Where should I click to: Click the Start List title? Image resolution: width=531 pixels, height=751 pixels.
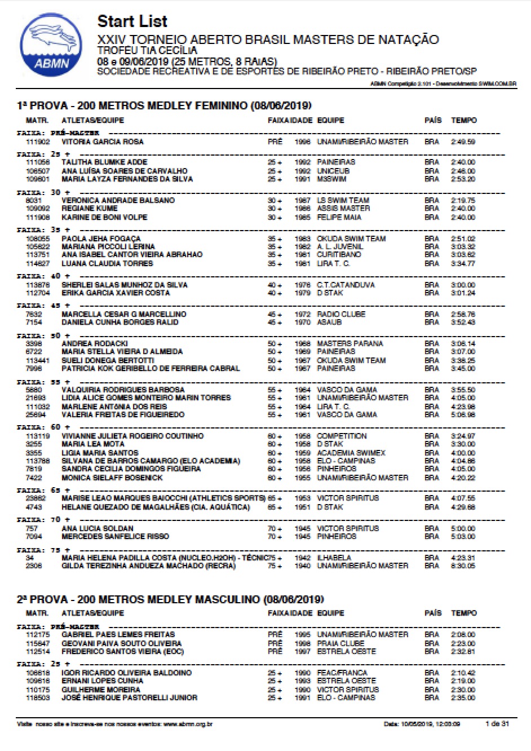[132, 21]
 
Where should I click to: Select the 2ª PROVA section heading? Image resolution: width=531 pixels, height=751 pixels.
[170, 599]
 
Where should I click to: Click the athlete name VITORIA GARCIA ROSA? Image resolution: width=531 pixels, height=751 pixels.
[102, 142]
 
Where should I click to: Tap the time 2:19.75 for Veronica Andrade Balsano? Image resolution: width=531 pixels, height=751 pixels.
[463, 200]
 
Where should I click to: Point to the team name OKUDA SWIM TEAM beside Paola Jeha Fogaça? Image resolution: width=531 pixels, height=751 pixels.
[351, 238]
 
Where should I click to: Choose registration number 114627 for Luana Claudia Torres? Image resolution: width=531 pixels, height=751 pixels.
[38, 263]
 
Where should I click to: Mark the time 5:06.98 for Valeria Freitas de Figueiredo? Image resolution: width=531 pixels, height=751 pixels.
[463, 414]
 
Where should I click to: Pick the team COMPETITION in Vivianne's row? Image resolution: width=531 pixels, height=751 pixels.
[342, 436]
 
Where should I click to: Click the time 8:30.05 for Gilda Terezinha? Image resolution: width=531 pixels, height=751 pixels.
[463, 566]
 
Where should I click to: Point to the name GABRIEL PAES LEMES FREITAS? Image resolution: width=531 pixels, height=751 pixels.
[118, 634]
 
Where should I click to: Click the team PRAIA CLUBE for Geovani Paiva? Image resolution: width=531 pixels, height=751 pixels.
[340, 643]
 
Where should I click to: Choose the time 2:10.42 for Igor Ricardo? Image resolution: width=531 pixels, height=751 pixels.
[463, 673]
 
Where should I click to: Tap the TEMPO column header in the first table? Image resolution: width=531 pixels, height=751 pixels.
[464, 120]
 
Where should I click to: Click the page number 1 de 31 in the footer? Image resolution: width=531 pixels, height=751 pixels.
[497, 723]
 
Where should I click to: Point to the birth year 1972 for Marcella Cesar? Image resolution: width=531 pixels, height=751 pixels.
[303, 314]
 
